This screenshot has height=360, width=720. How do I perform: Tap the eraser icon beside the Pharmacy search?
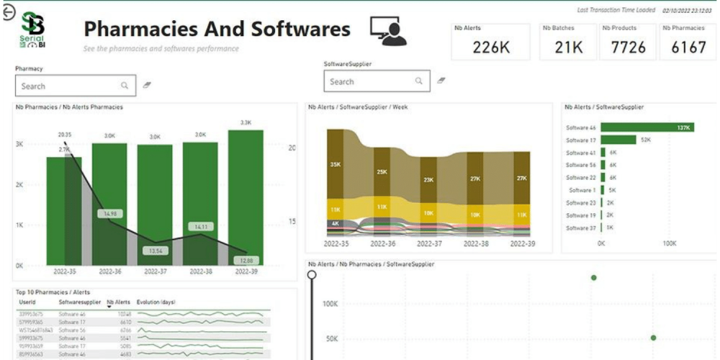point(148,85)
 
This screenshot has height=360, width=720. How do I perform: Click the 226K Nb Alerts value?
point(491,48)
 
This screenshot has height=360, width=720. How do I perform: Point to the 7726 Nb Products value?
point(629,48)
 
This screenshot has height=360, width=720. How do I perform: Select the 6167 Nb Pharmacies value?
point(688,48)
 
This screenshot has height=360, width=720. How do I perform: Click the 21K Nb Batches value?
point(569,48)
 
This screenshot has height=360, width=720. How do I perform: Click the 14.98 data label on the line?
point(110,214)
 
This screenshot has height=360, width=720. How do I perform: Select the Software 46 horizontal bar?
point(647,127)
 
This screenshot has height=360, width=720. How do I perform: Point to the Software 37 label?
point(581,228)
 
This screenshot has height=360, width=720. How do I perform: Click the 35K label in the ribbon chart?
point(336,165)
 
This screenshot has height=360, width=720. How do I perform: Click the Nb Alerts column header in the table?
point(118,302)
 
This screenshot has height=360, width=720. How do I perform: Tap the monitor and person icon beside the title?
point(388,30)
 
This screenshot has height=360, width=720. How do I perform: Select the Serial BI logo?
point(33,31)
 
